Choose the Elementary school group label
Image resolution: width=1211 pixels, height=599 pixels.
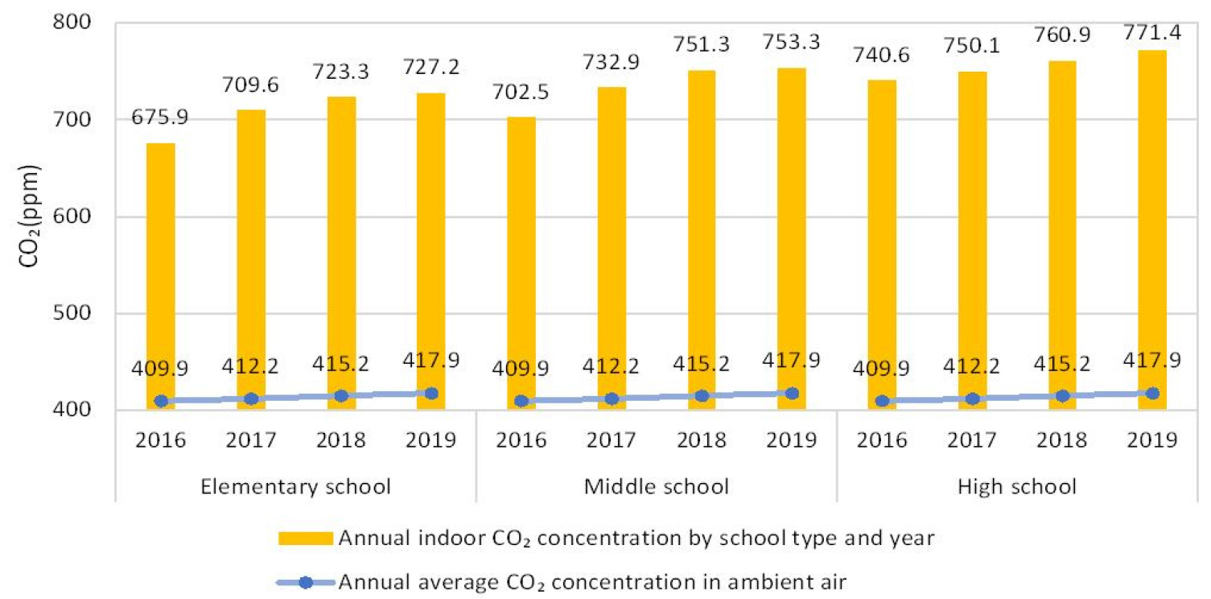pos(297,486)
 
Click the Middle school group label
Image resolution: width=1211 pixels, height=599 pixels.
pos(657,486)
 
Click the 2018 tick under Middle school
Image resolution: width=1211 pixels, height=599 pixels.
pos(702,440)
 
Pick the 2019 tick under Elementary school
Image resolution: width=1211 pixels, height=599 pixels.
pos(431,440)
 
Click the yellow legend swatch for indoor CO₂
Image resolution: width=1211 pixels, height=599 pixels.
pos(306,539)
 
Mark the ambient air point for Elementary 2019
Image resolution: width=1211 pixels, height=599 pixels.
pos(431,394)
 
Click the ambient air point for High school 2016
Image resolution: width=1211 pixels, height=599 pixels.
pos(883,401)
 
